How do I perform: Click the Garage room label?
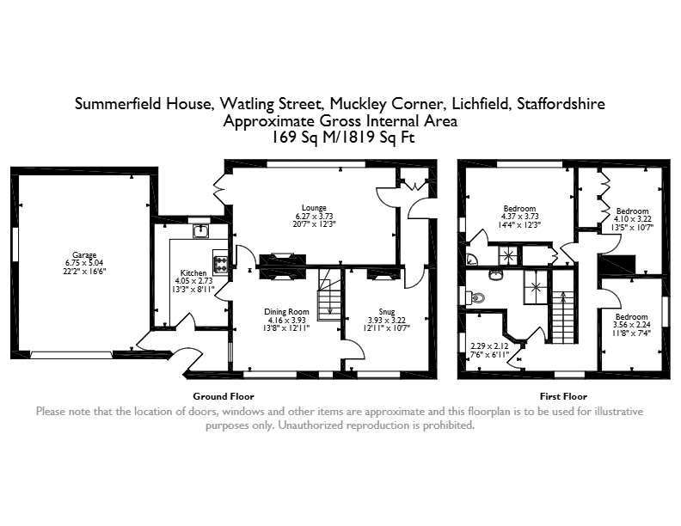pyautogui.click(x=84, y=255)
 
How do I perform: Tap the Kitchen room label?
pyautogui.click(x=193, y=273)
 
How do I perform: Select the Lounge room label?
pyautogui.click(x=314, y=208)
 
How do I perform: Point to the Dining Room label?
pyautogui.click(x=286, y=312)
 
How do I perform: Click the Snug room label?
pyautogui.click(x=387, y=312)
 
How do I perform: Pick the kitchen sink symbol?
pyautogui.click(x=200, y=231)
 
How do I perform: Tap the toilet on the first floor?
pyautogui.click(x=475, y=297)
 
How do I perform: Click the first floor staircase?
pyautogui.click(x=563, y=317)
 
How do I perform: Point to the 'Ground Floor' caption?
pyautogui.click(x=224, y=396)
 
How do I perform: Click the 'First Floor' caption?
pyautogui.click(x=563, y=396)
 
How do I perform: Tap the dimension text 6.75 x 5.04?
pyautogui.click(x=84, y=263)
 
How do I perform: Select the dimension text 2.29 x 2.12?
pyautogui.click(x=489, y=346)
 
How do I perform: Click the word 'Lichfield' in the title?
pyautogui.click(x=482, y=104)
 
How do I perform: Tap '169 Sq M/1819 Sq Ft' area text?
pyautogui.click(x=343, y=138)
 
